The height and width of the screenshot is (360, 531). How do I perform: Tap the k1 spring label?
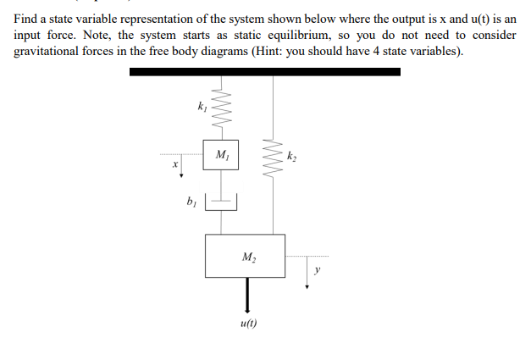201,108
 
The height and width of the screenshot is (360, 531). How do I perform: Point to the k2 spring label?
292,156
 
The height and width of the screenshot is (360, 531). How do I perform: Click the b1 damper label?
191,202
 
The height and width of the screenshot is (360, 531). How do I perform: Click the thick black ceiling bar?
264,72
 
